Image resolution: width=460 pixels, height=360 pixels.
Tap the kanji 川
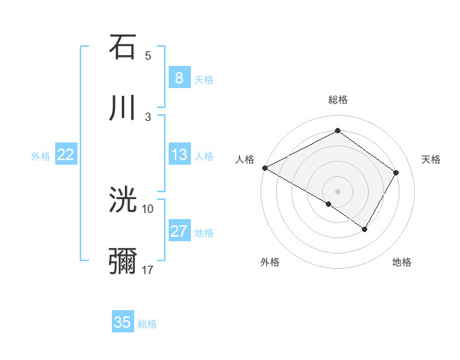tap(123, 107)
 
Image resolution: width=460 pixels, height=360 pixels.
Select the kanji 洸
tap(123, 200)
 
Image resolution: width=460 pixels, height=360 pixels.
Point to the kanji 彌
tap(123, 260)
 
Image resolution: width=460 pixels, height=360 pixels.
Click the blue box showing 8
tap(179, 77)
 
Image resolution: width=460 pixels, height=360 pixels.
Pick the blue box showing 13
tap(179, 155)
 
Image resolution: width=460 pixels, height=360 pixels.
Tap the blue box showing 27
tap(179, 231)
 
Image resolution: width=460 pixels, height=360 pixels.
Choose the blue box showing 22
tap(65, 155)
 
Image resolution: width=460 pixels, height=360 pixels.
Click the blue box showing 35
tap(123, 322)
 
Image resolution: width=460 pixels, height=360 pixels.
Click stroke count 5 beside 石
tap(148, 56)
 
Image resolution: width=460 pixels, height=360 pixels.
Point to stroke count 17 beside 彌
tap(148, 270)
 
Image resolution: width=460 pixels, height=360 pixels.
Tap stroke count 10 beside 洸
tap(148, 208)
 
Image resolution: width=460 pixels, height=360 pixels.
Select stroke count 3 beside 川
tap(148, 116)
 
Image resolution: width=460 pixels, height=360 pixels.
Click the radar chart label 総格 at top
tap(338, 100)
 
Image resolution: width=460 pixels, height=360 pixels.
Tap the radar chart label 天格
tap(432, 159)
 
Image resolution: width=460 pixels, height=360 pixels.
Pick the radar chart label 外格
tap(270, 262)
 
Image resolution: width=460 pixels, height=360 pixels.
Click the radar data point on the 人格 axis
tap(264, 167)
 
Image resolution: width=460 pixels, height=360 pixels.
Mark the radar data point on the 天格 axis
tap(396, 172)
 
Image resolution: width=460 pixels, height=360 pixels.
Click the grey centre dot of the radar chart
tap(337, 191)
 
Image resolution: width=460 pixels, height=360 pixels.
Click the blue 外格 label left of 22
tap(41, 155)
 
